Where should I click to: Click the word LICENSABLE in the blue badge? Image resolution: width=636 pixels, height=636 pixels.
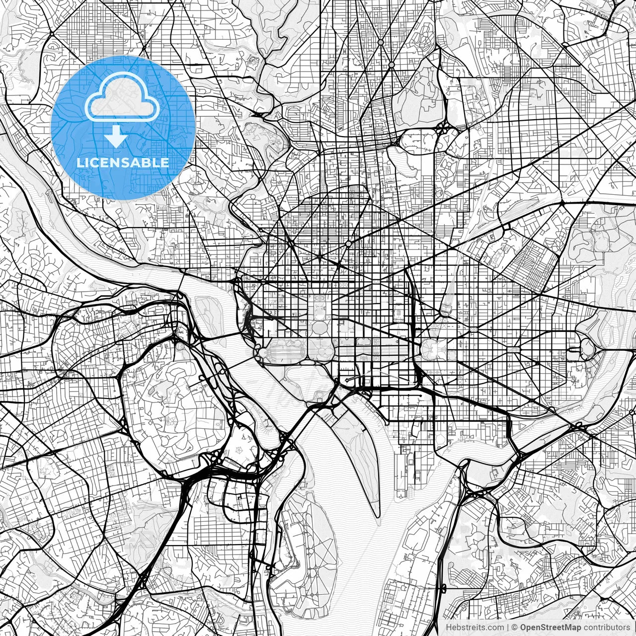pos(123,162)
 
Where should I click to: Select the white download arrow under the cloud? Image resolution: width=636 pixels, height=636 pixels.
pos(117,136)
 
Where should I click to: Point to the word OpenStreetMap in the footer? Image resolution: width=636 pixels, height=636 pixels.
pos(551,628)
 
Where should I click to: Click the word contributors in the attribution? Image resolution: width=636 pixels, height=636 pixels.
pos(607,628)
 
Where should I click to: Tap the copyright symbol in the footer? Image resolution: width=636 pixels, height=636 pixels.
pos(515,628)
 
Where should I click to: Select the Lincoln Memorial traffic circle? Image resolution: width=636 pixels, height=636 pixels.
pos(262,352)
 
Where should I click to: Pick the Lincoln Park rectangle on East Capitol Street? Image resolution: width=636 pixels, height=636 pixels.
pos(512,350)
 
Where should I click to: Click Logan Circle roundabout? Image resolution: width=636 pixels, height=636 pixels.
pos(348,243)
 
